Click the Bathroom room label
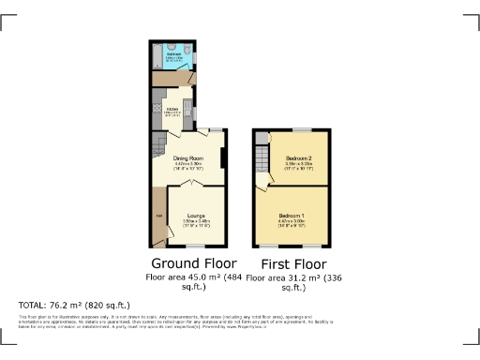click(174, 55)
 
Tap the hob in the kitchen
click(157, 107)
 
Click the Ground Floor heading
click(194, 263)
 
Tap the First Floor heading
click(291, 263)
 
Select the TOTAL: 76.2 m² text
click(74, 305)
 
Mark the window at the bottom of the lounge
click(195, 246)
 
